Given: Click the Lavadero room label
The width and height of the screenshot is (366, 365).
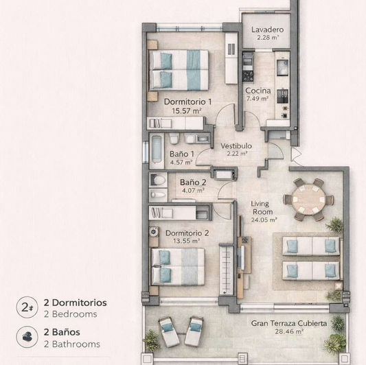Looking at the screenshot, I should tap(267, 30).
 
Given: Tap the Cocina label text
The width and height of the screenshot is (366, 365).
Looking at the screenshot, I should tap(258, 91).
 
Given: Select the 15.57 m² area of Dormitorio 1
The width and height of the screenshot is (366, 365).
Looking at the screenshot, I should tap(187, 110).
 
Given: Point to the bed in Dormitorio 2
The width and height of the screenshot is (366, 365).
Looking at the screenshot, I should tap(177, 265).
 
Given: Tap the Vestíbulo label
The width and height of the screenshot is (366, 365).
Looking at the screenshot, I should tap(236, 146).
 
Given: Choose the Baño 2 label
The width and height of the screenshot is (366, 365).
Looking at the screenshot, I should tap(193, 182).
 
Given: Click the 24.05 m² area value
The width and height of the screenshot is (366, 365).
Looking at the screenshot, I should tap(264, 220).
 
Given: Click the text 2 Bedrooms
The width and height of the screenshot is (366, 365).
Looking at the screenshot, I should tap(69, 314).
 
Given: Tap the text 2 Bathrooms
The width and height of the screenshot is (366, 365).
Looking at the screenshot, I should tap(71, 344).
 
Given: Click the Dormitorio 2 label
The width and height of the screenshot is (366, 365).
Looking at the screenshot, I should tap(187, 233).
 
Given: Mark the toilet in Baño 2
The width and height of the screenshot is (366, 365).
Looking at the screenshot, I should tap(159, 180).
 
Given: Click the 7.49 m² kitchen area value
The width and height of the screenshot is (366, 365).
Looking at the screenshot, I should tap(258, 99).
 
